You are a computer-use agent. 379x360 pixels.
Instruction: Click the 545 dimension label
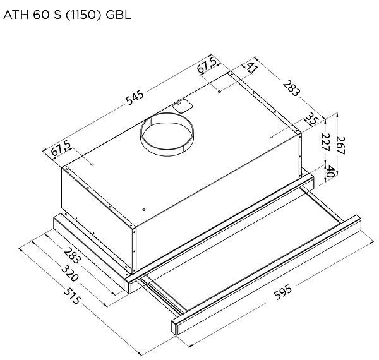[x=135, y=98]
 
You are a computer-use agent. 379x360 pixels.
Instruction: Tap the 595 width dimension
[x=283, y=292]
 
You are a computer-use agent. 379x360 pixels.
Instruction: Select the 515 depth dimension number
[x=72, y=296]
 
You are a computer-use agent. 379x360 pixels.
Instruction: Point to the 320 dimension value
[x=70, y=273]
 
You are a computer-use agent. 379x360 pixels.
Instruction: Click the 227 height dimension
[x=325, y=142]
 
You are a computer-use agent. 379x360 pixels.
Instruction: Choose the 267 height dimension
[x=340, y=145]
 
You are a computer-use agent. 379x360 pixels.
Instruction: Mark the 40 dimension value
[x=330, y=171]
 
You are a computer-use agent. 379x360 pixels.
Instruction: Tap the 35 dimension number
[x=311, y=119]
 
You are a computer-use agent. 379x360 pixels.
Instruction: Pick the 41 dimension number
[x=252, y=68]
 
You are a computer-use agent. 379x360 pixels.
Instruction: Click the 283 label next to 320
[x=72, y=255]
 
